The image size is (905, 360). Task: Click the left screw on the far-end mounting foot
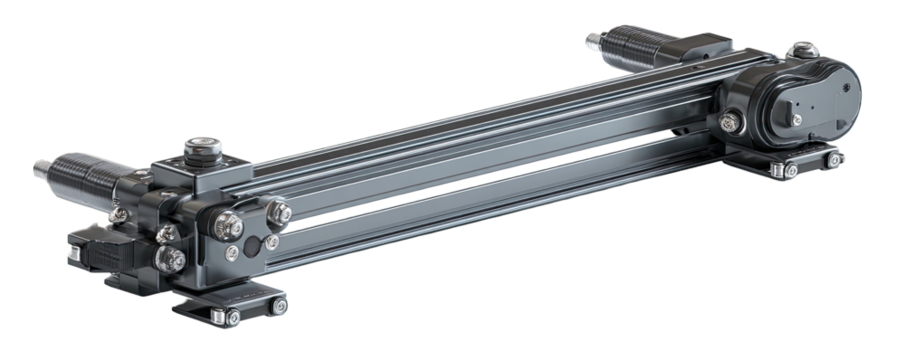[x=790, y=171]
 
